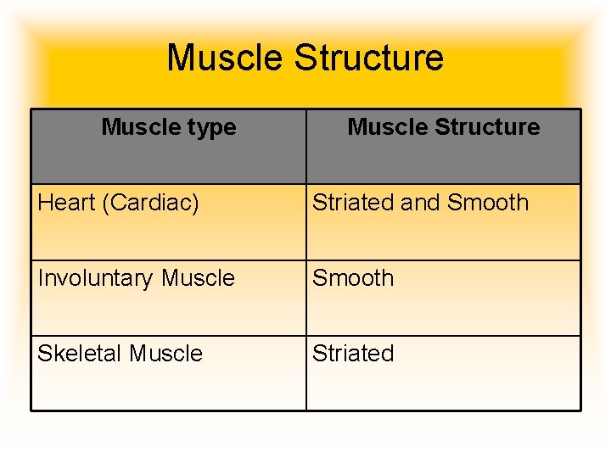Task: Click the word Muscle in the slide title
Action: click(x=225, y=59)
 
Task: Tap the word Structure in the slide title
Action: click(x=368, y=59)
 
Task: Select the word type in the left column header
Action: click(x=211, y=128)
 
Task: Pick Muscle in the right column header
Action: click(x=385, y=127)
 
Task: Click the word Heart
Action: click(x=67, y=204)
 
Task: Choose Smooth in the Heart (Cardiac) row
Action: click(x=488, y=203)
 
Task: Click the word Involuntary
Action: click(x=96, y=278)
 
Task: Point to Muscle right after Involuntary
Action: click(x=198, y=278)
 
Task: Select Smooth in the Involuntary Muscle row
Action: click(x=353, y=278)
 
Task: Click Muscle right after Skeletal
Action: click(x=165, y=354)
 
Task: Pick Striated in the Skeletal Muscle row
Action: click(x=353, y=354)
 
